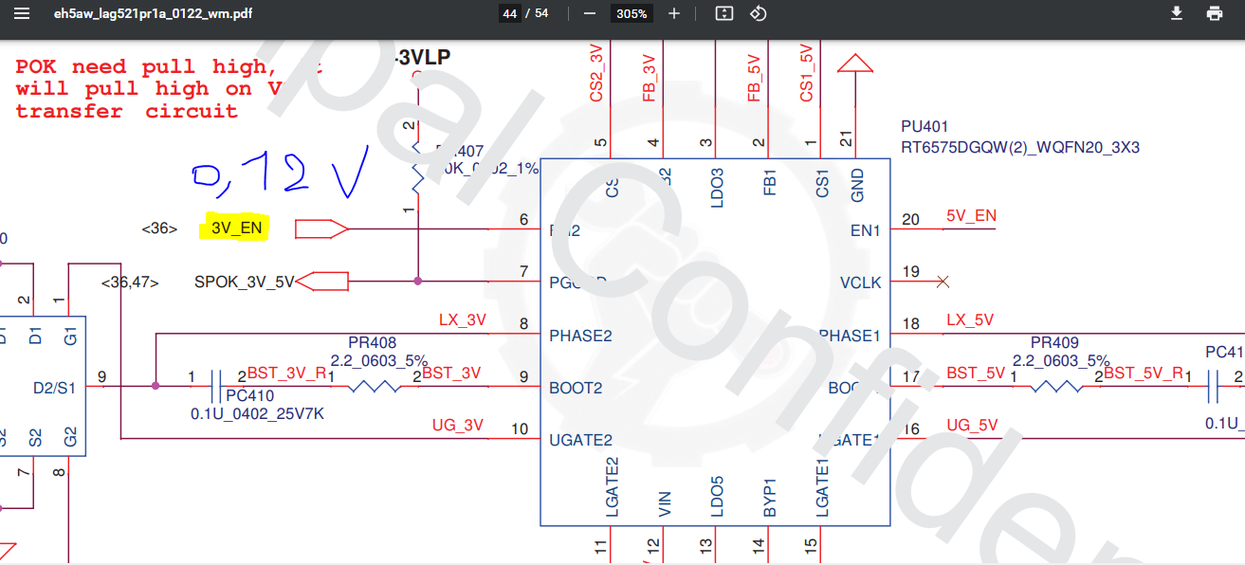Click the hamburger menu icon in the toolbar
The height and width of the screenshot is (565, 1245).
coord(22,14)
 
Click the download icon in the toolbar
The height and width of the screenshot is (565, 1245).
coord(1177,14)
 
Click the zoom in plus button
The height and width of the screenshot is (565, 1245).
coord(674,14)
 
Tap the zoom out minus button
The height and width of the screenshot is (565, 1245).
coord(589,14)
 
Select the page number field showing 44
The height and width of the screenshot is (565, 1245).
coord(510,14)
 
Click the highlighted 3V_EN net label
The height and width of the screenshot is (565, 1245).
coord(236,228)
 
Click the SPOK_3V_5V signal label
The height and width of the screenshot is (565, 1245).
coord(245,282)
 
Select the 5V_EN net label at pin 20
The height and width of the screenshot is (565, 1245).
coord(971,216)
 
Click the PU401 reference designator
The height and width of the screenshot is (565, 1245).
coord(925,126)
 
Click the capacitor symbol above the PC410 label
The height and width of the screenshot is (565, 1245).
coord(217,387)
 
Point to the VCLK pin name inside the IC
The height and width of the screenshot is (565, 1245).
coord(860,282)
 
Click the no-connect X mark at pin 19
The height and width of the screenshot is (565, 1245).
coord(943,282)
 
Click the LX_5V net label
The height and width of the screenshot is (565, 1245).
coord(970,320)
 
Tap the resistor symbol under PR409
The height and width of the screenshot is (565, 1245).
coord(1055,387)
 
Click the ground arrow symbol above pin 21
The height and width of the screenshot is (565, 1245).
coord(856,63)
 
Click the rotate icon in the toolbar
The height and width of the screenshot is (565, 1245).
coord(758,14)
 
